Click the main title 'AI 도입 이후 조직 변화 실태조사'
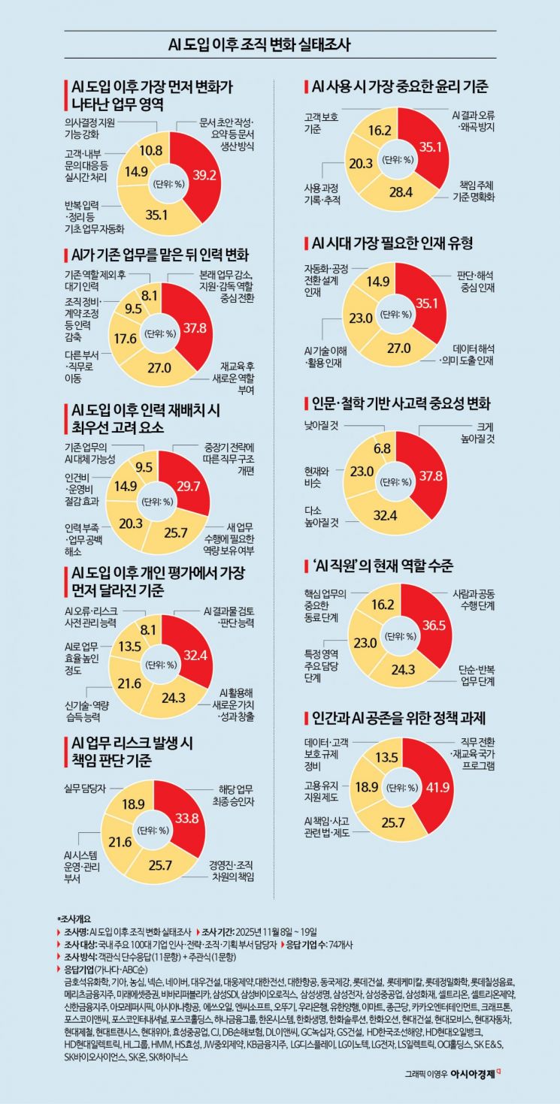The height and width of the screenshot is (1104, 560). point(280,44)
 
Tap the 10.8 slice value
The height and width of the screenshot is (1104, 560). point(153,150)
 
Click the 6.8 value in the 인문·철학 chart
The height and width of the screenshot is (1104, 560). point(383,448)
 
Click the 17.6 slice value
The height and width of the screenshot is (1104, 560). point(126,338)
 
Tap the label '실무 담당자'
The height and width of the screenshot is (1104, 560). point(82,788)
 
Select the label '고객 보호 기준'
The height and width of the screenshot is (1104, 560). point(321,124)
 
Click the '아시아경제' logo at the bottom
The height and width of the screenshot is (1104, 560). point(471,1073)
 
